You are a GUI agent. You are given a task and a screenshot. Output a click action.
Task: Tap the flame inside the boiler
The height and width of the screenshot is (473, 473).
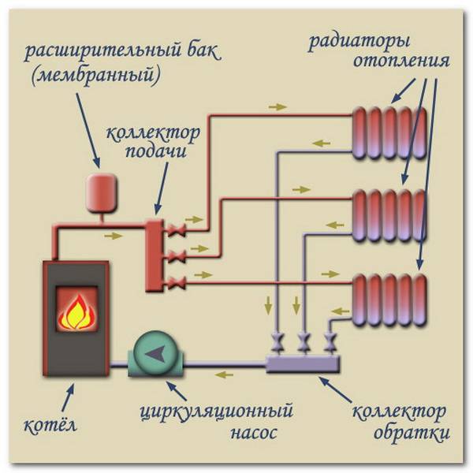(x=76, y=311)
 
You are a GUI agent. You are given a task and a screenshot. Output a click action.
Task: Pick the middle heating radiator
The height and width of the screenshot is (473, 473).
(x=389, y=215)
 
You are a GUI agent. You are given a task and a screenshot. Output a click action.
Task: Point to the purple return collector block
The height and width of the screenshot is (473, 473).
(x=303, y=363)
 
